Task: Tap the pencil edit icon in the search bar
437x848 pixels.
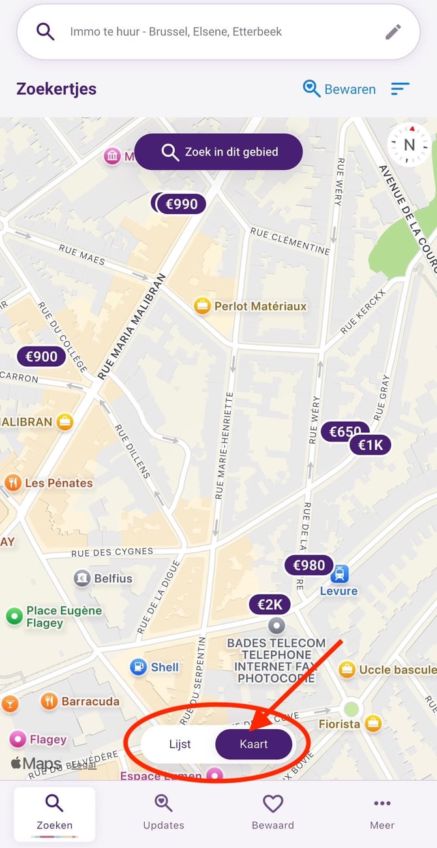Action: coord(393,32)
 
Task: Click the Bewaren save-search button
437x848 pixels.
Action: coord(340,89)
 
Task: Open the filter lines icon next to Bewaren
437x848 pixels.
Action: coord(400,89)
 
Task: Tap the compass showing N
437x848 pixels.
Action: coord(409,145)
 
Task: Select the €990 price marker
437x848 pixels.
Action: coord(182,204)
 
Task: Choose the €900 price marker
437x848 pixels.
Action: coord(42,356)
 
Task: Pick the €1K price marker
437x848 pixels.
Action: coord(370,445)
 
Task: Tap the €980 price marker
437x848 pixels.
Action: coord(309,565)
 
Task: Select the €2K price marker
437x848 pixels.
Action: coord(269,605)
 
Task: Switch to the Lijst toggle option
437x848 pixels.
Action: coord(179,744)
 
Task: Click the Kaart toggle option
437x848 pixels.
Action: coord(254,744)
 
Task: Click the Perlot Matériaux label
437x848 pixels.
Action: coord(260,306)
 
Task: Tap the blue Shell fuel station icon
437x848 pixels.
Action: coord(138,667)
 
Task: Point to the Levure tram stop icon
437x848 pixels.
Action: coord(339,574)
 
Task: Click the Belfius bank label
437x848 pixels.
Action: coord(113,578)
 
